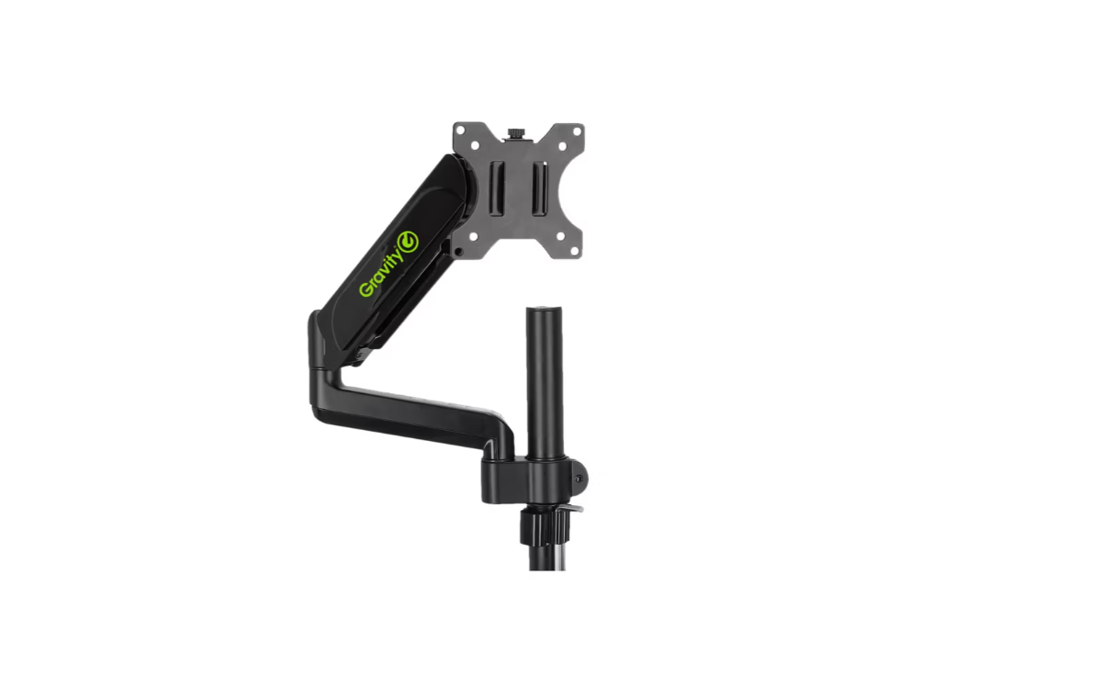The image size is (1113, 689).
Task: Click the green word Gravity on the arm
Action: pos(381,273)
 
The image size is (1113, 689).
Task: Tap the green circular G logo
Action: pos(409,242)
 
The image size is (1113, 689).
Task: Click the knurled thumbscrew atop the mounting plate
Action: pos(516,134)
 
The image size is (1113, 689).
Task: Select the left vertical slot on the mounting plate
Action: pos(498,188)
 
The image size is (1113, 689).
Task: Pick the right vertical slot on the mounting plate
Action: pos(540,188)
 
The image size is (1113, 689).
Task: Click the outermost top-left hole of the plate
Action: pos(461,131)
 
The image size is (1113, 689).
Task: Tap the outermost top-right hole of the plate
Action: pos(577,131)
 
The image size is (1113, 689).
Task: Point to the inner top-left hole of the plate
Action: pos(475,146)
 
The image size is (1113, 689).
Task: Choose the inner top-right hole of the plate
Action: pos(562,147)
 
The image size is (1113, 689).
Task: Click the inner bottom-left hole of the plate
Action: pos(473,236)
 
